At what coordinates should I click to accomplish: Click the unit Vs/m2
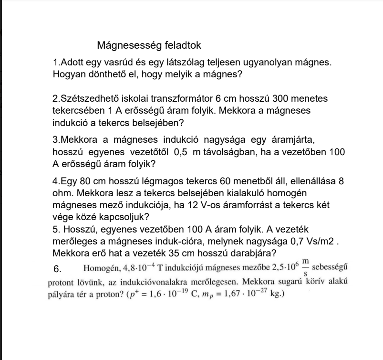pyautogui.click(x=315, y=240)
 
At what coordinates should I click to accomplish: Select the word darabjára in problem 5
pyautogui.click(x=256, y=252)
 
